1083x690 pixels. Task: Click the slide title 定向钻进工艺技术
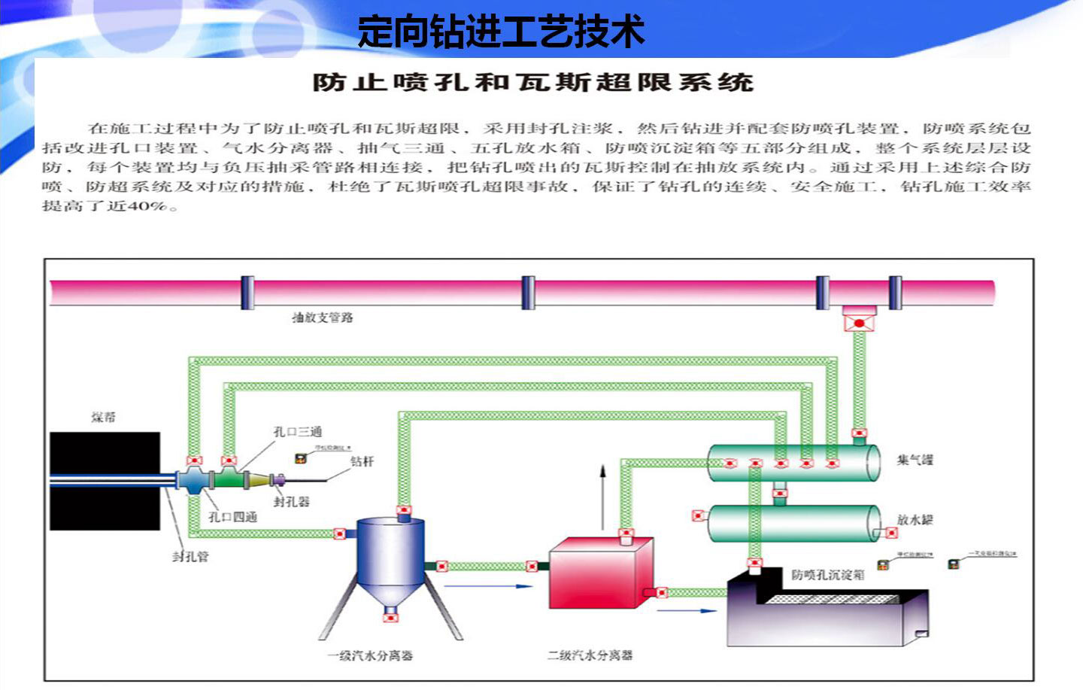click(x=501, y=32)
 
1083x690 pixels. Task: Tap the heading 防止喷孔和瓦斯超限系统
click(x=532, y=82)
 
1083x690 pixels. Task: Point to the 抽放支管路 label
click(x=323, y=318)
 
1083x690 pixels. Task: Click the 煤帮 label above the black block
click(x=104, y=417)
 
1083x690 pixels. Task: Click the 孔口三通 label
click(x=297, y=432)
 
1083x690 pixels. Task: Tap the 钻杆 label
click(x=362, y=461)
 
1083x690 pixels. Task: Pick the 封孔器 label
click(x=291, y=501)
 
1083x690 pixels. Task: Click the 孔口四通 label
click(x=232, y=517)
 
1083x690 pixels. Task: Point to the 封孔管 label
click(x=190, y=556)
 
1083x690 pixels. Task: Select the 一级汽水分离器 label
click(x=370, y=655)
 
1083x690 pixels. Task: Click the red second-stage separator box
click(x=599, y=572)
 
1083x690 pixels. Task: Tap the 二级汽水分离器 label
click(x=590, y=655)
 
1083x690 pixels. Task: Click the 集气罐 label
click(x=915, y=460)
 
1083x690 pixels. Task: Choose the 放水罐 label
click(x=915, y=520)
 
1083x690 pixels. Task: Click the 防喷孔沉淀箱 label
click(x=828, y=575)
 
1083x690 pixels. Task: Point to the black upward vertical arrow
click(x=602, y=497)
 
